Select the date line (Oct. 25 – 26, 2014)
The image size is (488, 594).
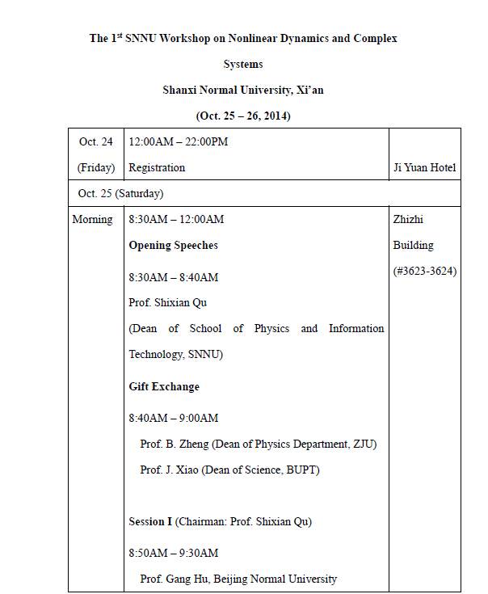pyautogui.click(x=243, y=116)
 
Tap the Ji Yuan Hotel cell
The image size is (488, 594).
pyautogui.click(x=424, y=168)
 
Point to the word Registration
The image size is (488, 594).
pyautogui.click(x=157, y=168)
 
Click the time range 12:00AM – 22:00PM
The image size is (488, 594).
pyautogui.click(x=178, y=142)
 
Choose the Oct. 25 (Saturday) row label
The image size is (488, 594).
pyautogui.click(x=120, y=194)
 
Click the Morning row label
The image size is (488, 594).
pyautogui.click(x=92, y=220)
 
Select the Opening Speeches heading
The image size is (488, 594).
pyautogui.click(x=173, y=245)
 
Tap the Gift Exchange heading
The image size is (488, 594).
pyautogui.click(x=164, y=386)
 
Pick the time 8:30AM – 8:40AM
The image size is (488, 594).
pyautogui.click(x=173, y=277)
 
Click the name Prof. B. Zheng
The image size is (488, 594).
pyautogui.click(x=175, y=444)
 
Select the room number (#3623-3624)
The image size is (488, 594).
pyautogui.click(x=424, y=272)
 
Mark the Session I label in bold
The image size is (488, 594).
pyautogui.click(x=150, y=522)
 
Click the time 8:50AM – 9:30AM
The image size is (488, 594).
pyautogui.click(x=173, y=554)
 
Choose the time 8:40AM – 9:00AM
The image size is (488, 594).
pyautogui.click(x=173, y=419)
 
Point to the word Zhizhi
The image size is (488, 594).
pyautogui.click(x=408, y=220)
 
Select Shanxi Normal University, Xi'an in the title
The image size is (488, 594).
pyautogui.click(x=243, y=90)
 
